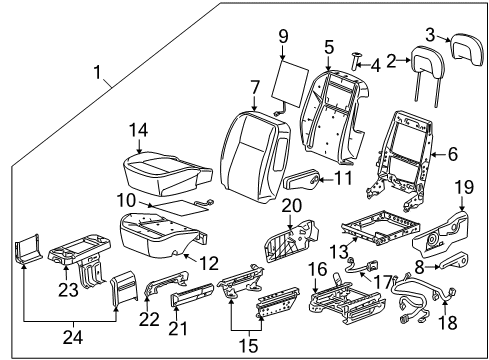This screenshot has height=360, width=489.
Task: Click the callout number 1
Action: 98,73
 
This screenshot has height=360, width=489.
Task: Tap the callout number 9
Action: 283,37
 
